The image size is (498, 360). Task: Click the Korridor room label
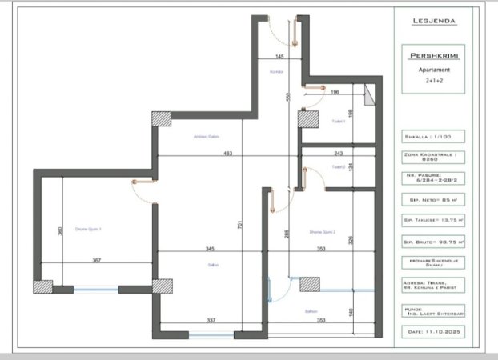pyautogui.click(x=277, y=71)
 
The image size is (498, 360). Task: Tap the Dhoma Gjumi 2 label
pyautogui.click(x=322, y=232)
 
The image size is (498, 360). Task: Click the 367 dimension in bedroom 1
pyautogui.click(x=96, y=260)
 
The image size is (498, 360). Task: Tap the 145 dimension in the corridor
pyautogui.click(x=279, y=57)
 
